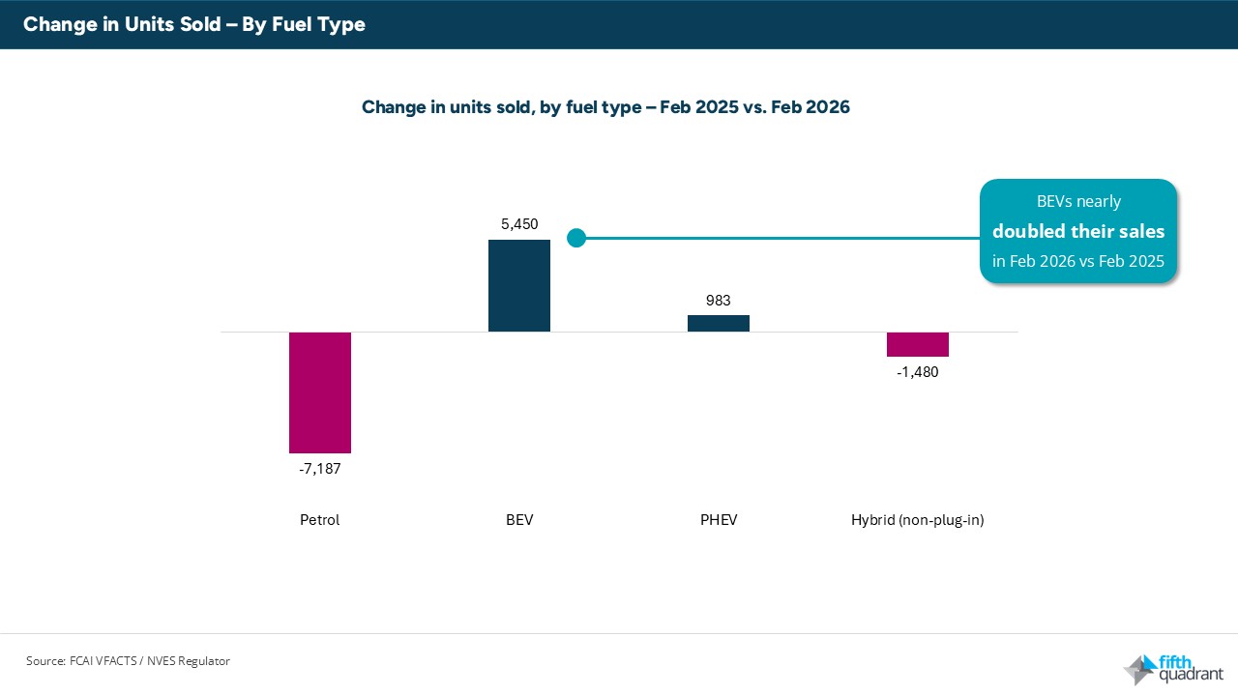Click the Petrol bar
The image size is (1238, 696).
(319, 392)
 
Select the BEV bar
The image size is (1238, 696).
(519, 286)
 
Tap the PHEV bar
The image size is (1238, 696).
(719, 323)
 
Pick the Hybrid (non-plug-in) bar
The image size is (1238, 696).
(918, 344)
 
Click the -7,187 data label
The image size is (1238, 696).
(319, 469)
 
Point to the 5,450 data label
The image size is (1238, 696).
(519, 223)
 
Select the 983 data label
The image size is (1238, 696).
(719, 301)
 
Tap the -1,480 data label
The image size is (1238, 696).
(917, 372)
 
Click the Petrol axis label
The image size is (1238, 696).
(319, 520)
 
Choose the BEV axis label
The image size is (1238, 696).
(519, 520)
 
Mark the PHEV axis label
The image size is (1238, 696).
(719, 520)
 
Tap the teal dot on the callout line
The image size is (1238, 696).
(576, 238)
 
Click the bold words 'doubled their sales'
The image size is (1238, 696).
(1078, 232)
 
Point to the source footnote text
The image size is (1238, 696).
(128, 661)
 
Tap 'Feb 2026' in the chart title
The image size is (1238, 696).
(811, 107)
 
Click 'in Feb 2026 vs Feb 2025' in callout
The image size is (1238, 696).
(1078, 261)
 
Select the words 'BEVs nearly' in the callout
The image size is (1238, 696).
(1078, 202)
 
